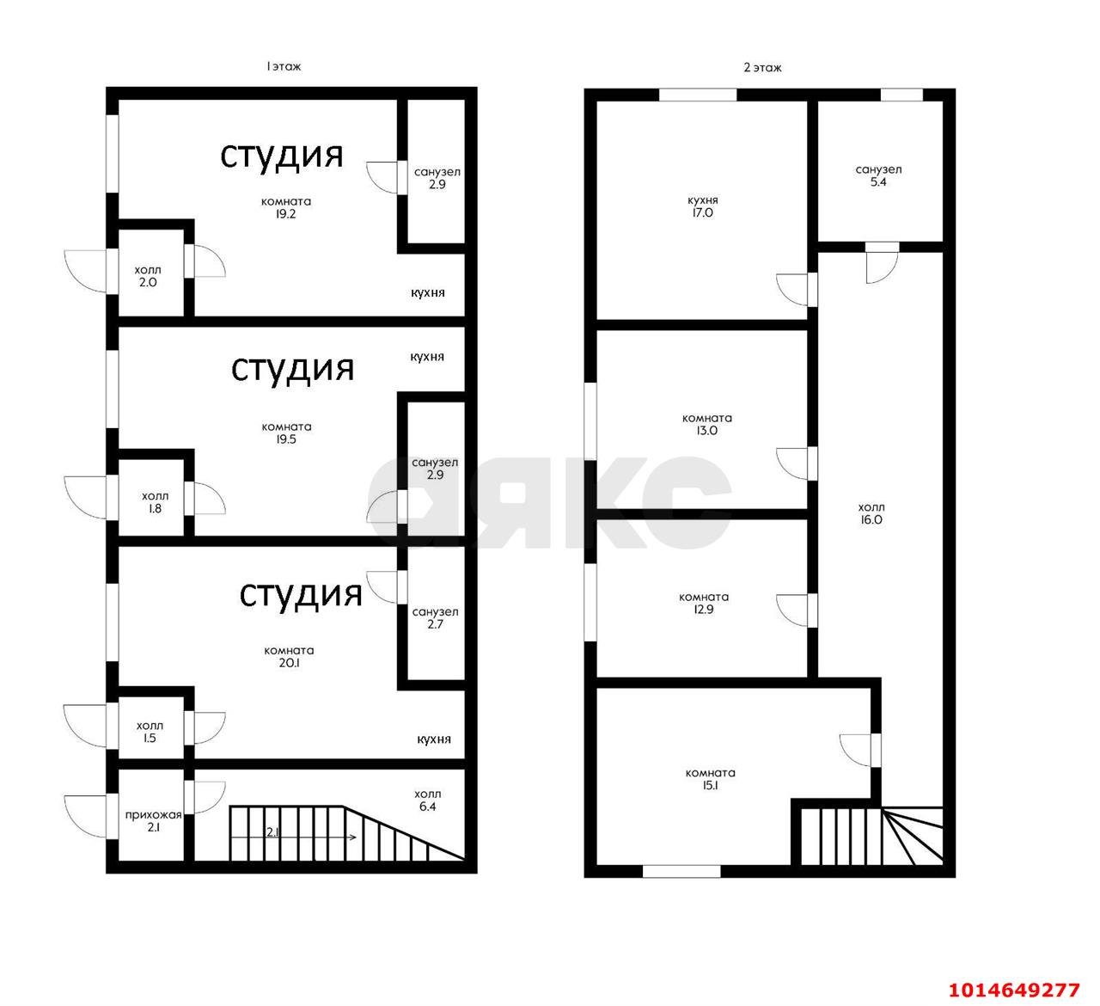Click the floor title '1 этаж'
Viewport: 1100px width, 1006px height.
pos(284,66)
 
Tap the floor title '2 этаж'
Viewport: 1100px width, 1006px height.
pos(762,68)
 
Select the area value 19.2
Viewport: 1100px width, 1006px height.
pos(285,214)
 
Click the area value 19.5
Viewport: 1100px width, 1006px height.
pos(286,439)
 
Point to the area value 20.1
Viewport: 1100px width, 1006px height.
pos(289,662)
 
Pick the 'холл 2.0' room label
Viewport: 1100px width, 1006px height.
pos(148,276)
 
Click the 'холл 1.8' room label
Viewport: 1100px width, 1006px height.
pos(156,502)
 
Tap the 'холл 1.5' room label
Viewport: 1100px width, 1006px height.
pos(150,732)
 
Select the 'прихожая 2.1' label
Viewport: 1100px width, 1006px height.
pos(154,821)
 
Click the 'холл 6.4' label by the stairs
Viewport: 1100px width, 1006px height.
pos(428,801)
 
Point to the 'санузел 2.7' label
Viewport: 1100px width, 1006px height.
pos(436,617)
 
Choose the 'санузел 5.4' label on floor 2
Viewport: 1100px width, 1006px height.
pos(878,175)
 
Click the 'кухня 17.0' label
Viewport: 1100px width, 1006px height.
pos(702,206)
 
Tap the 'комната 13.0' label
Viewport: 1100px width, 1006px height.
pos(706,424)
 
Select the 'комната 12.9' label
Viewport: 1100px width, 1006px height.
pos(704,603)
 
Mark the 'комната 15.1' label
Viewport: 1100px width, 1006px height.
pos(710,779)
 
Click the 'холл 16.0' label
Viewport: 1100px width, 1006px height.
pos(871,513)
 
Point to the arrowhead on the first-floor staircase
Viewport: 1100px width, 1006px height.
pos(354,837)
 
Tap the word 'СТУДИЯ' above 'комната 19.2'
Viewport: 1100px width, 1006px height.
pos(281,157)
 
